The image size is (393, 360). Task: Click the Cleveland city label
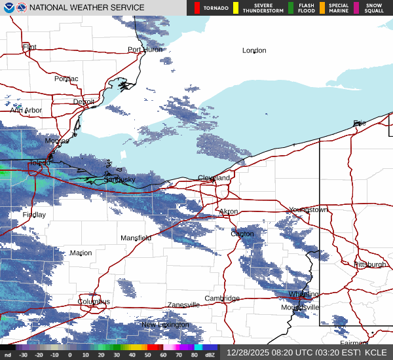click(x=214, y=178)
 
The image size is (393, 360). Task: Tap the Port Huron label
click(x=145, y=50)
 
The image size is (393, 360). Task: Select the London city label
click(x=254, y=50)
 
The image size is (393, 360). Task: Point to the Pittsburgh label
click(x=369, y=264)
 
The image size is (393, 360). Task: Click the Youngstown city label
click(x=308, y=210)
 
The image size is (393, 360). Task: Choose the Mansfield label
click(x=136, y=238)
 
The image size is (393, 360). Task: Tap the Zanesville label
click(x=183, y=305)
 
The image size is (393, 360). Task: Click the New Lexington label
click(x=165, y=325)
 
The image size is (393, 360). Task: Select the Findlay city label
click(x=34, y=215)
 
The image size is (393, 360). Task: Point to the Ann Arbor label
click(x=26, y=111)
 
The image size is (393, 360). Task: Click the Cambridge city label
click(x=222, y=298)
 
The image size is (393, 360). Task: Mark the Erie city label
click(x=360, y=123)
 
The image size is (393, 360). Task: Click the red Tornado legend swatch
click(x=196, y=8)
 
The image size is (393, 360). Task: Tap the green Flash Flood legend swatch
click(x=290, y=8)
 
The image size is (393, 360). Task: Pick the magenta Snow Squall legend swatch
click(x=356, y=8)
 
